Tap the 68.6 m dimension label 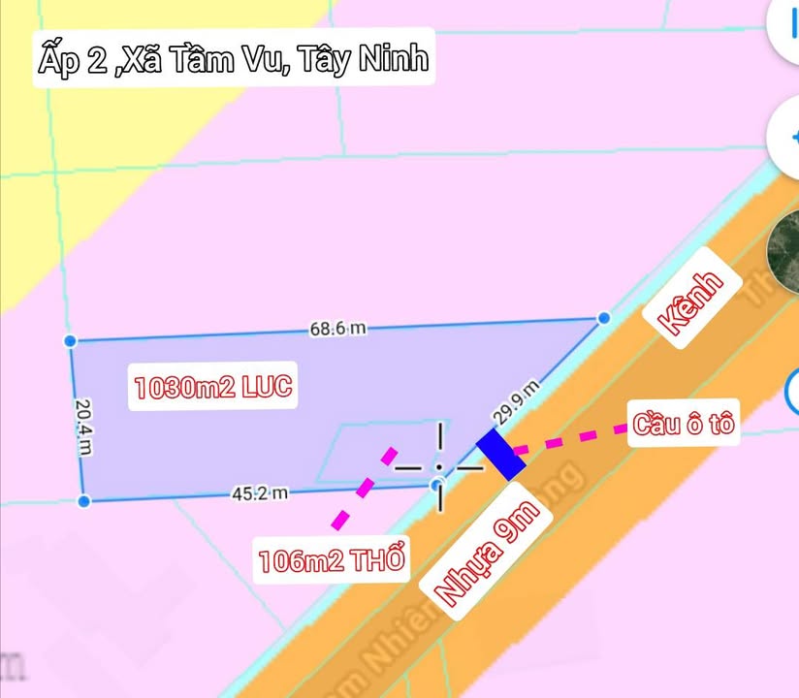click(337, 329)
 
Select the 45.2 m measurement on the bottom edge click(260, 493)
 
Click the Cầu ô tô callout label click(684, 425)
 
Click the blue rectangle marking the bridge click(500, 454)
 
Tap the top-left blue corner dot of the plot click(70, 340)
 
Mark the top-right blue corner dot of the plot click(604, 317)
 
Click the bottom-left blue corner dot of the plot click(83, 500)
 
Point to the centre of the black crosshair click(440, 467)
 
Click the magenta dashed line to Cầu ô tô click(570, 438)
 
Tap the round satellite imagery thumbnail click(783, 250)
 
